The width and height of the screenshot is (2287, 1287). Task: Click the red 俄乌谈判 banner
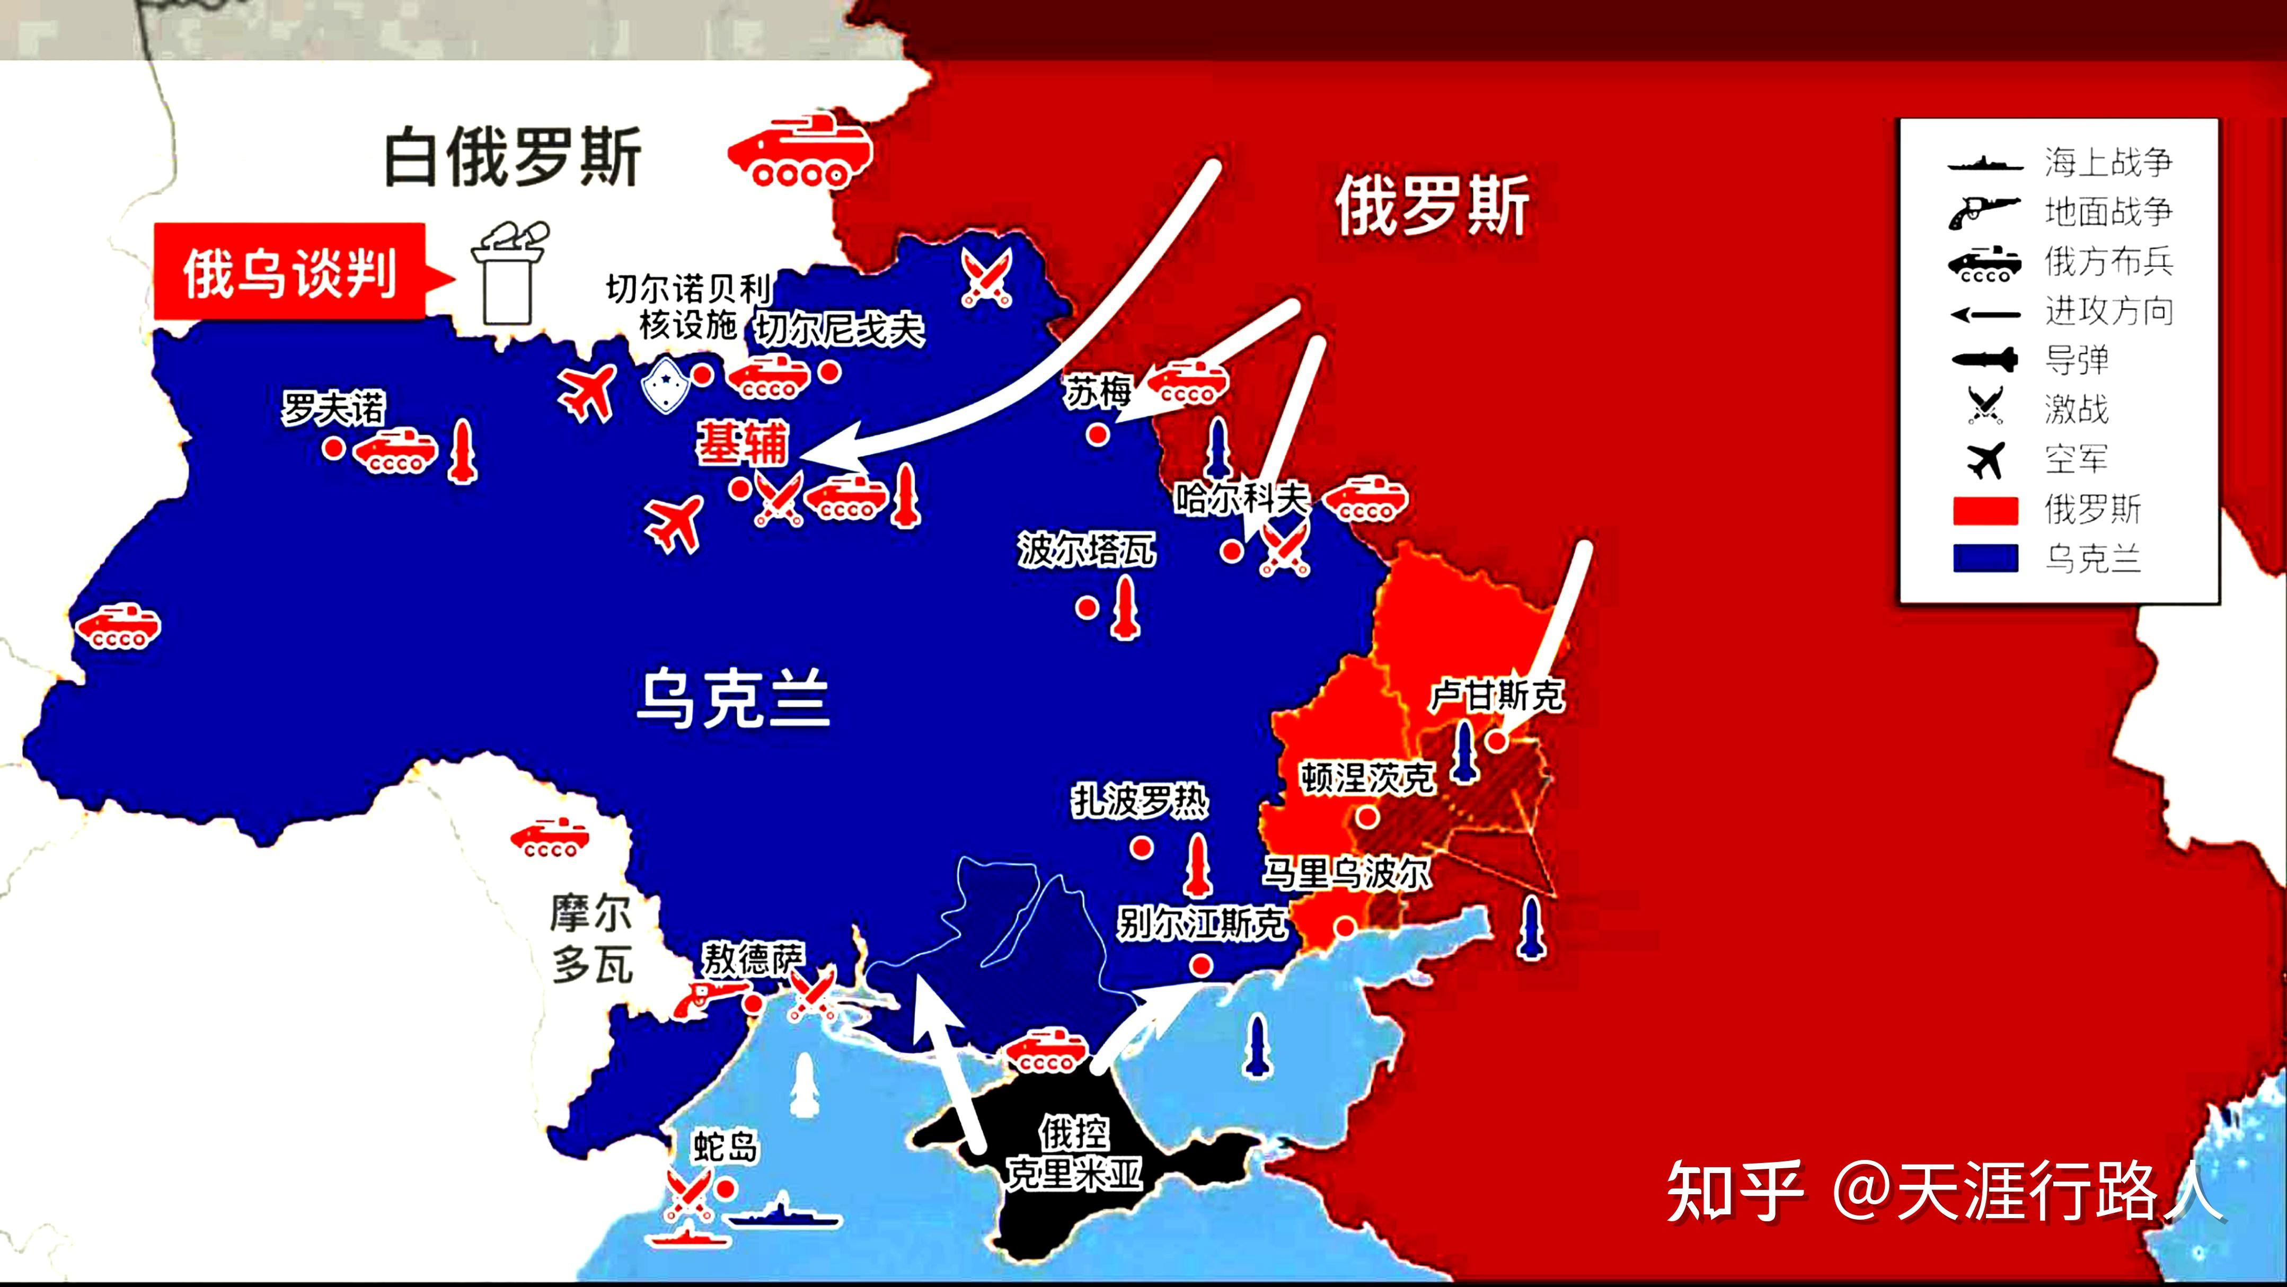[289, 272]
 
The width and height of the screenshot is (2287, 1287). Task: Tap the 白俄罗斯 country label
[513, 157]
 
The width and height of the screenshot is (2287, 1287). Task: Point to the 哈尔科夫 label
[1241, 498]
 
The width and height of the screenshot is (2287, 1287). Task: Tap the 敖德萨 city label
[753, 958]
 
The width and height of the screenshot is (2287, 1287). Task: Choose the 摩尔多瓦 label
[591, 939]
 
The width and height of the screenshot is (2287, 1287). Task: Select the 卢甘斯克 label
[1497, 695]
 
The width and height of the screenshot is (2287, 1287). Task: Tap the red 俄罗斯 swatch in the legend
[1985, 510]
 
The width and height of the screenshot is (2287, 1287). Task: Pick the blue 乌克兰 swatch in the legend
[1985, 559]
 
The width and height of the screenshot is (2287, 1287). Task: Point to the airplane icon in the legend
[1985, 460]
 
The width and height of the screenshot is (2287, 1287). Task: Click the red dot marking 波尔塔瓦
[1086, 607]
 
